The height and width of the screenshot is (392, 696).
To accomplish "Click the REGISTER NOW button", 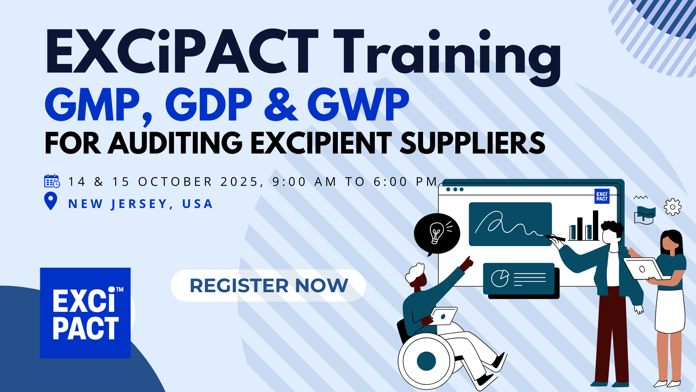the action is [268, 286].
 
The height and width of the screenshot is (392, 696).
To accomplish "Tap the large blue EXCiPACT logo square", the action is [85, 313].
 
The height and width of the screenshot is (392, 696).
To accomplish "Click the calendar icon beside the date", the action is [52, 181].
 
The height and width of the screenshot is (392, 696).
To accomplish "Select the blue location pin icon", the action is [51, 201].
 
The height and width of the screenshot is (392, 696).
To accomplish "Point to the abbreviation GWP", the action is [358, 105].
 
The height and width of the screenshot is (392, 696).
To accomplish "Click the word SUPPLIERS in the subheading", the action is [473, 143].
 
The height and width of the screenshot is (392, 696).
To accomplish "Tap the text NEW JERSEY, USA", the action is [140, 204].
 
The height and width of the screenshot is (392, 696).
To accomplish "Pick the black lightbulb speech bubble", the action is [437, 234].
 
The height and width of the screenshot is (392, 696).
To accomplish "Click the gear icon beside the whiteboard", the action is [673, 207].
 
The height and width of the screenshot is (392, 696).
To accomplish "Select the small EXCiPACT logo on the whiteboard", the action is [602, 196].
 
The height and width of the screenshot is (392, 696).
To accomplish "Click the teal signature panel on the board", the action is [510, 224].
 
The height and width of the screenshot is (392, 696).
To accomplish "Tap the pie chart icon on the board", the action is [500, 278].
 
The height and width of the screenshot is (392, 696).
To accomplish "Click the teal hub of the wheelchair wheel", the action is [427, 361].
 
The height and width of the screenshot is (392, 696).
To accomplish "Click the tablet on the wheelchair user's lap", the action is [444, 316].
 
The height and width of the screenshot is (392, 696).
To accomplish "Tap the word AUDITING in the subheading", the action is [175, 143].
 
